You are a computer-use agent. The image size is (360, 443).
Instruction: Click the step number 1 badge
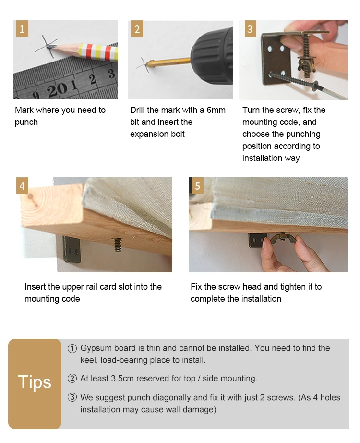(22, 28)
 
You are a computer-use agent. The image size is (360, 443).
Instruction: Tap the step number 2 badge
(137, 28)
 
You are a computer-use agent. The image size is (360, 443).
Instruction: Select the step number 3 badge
(250, 28)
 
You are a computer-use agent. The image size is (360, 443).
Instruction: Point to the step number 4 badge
(22, 185)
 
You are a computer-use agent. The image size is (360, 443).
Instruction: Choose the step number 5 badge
(198, 185)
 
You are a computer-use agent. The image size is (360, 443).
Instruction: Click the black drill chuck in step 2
(212, 56)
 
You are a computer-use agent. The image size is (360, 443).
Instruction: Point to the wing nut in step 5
(283, 239)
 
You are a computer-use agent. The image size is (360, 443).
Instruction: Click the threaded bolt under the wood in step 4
(118, 245)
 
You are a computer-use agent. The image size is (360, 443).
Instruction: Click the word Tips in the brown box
(35, 382)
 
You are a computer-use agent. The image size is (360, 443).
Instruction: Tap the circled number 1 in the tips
(72, 349)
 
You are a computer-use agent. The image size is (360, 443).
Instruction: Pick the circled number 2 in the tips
(72, 378)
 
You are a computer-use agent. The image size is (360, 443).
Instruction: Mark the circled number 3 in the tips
(72, 397)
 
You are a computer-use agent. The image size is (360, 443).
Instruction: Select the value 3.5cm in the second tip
(122, 378)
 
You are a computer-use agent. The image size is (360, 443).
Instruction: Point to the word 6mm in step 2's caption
(216, 110)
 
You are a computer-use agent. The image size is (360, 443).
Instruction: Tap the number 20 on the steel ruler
(57, 90)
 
